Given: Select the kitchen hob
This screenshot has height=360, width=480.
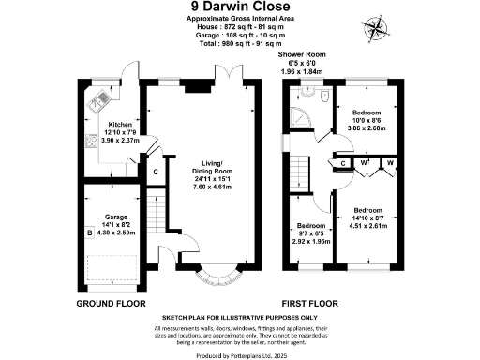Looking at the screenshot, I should [x=89, y=142].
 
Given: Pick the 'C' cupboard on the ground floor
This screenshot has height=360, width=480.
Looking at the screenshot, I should [x=155, y=172].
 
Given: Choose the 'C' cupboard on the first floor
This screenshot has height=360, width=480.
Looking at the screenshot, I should [x=343, y=164].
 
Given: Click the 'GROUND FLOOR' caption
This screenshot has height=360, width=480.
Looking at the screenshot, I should [x=108, y=305].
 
